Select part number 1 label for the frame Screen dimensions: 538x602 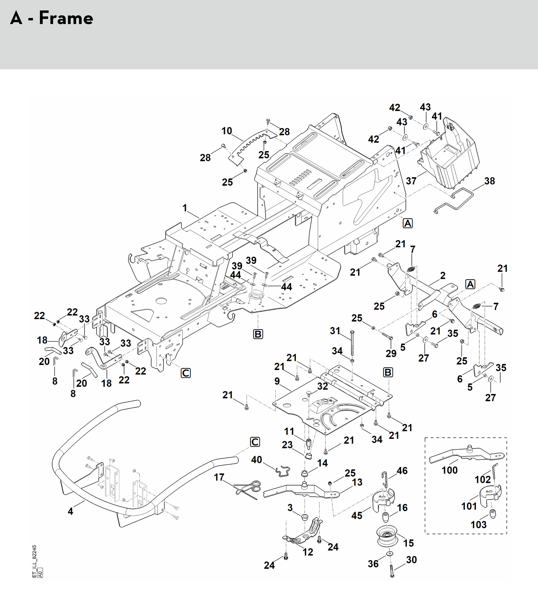pos(185,208)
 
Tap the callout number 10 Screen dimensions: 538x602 pos(227,131)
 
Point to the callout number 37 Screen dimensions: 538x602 pos(411,181)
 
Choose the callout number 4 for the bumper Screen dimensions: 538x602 pos(70,511)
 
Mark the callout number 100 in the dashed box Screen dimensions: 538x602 pos(449,470)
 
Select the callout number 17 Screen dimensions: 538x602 pos(219,477)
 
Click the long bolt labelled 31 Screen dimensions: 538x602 pos(352,343)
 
